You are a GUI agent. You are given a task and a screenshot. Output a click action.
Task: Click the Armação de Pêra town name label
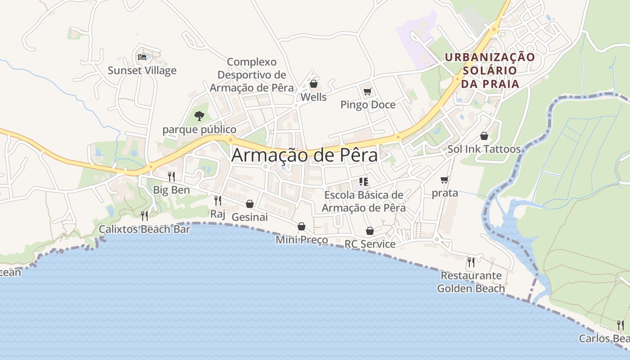point(305,156)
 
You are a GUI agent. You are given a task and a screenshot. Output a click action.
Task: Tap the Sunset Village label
point(142,71)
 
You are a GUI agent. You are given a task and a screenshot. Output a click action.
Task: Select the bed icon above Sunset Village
point(142,57)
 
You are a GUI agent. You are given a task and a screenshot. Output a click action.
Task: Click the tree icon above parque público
point(199,116)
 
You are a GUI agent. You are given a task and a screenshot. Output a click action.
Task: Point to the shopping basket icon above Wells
point(314,84)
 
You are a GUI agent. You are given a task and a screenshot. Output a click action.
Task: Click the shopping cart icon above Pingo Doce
point(368,92)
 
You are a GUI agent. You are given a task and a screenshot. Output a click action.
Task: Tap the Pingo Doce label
point(368,105)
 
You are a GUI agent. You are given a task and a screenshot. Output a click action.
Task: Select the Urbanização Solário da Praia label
point(490,70)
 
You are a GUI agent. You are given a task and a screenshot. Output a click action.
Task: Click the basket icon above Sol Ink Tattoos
point(484,136)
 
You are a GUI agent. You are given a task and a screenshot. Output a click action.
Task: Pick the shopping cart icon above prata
point(445,180)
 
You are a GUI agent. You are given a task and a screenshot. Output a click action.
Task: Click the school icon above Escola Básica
point(364,182)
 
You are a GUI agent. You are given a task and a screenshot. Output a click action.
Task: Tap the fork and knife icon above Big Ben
point(171,176)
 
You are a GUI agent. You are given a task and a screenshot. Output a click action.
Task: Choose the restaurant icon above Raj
point(218,201)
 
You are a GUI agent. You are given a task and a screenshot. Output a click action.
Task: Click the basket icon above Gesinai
point(250,204)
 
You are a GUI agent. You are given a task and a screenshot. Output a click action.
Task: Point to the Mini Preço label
point(302,240)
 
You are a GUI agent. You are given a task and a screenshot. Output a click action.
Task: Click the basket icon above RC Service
point(370,231)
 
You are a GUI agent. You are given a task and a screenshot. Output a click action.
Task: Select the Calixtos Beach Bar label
point(144,229)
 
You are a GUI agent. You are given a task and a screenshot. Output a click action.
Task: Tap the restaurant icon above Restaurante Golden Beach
point(471,262)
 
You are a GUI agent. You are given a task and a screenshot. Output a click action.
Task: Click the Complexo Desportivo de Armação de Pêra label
point(252,75)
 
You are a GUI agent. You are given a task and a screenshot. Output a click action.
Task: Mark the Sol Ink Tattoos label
point(484,149)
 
